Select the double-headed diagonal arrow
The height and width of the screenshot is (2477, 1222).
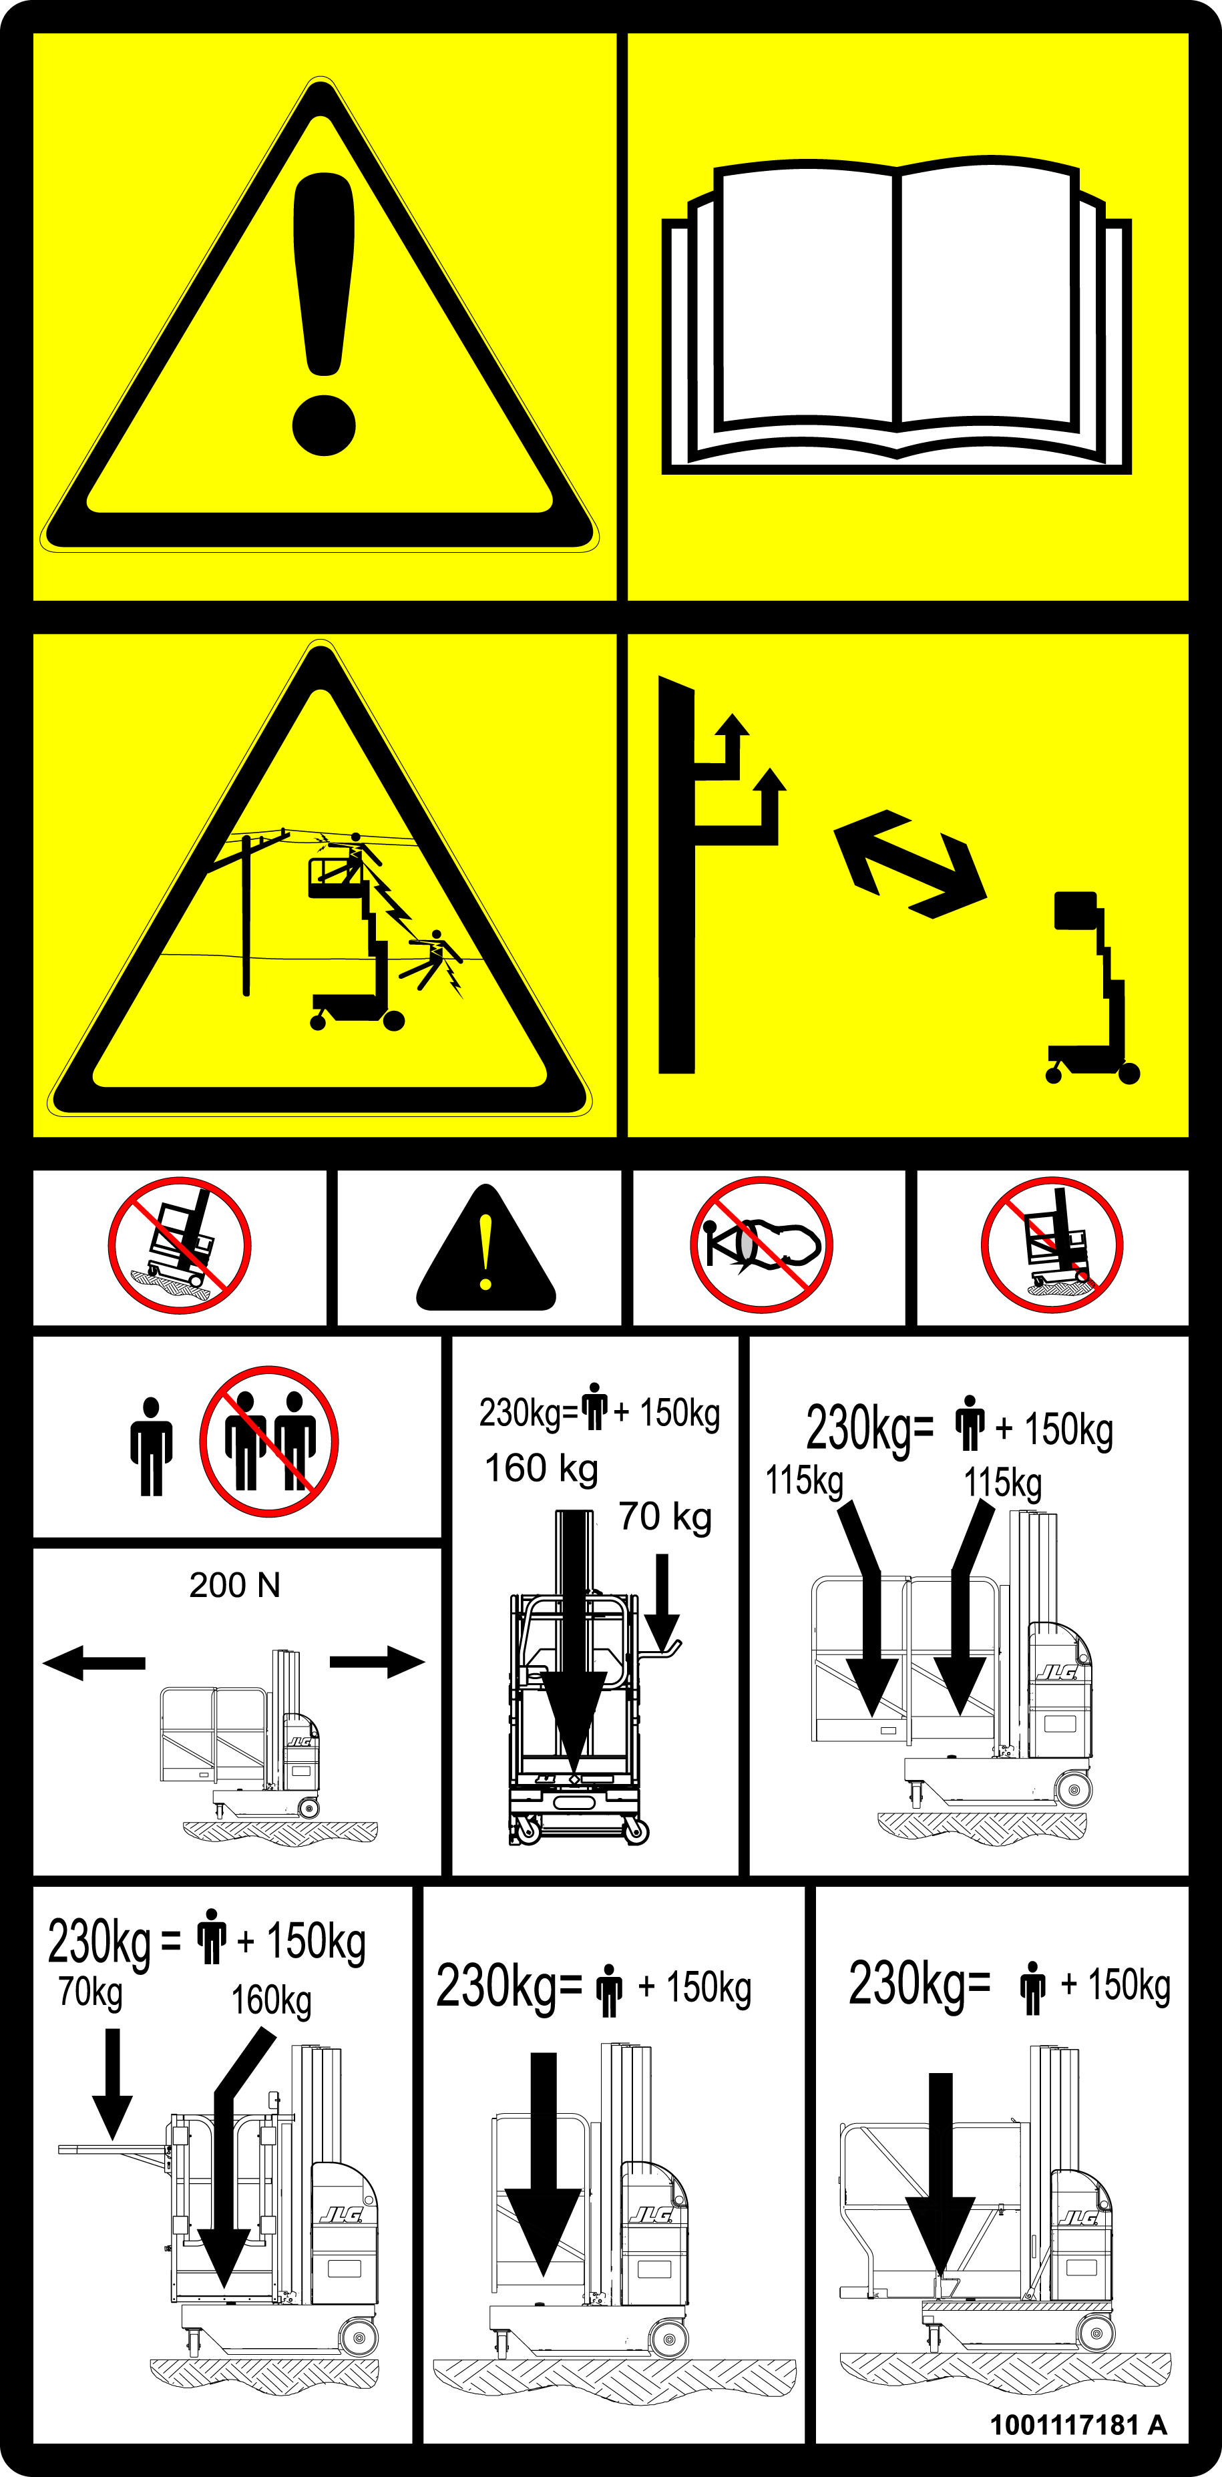point(909,863)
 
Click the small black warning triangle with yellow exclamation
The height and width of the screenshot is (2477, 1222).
point(485,1250)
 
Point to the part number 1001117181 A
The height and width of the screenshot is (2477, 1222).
point(1078,2424)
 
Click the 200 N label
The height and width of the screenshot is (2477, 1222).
point(234,1584)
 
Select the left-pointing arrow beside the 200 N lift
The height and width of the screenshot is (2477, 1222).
point(94,1662)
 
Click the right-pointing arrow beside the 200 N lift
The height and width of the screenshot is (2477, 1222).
point(377,1662)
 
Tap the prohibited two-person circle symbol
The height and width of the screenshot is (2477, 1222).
point(269,1440)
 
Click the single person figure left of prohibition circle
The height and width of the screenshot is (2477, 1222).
point(151,1446)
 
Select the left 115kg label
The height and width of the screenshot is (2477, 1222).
point(804,1481)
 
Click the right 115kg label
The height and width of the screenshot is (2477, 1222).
point(1003,1483)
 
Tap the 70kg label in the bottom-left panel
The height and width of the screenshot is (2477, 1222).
point(90,1992)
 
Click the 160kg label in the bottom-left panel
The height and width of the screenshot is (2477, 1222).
point(271,2000)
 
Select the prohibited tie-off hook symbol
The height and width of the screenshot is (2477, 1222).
point(761,1245)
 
